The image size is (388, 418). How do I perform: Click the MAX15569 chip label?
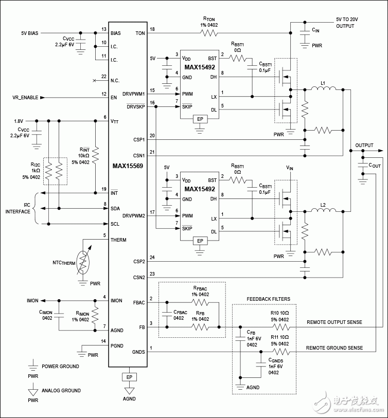(x=128, y=166)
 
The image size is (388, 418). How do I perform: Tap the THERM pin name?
(x=118, y=240)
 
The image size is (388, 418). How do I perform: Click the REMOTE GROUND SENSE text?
(x=334, y=348)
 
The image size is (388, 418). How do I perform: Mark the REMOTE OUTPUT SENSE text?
(x=334, y=322)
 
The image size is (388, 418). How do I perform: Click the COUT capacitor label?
(x=375, y=165)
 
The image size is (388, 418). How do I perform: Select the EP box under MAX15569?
(x=128, y=377)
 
